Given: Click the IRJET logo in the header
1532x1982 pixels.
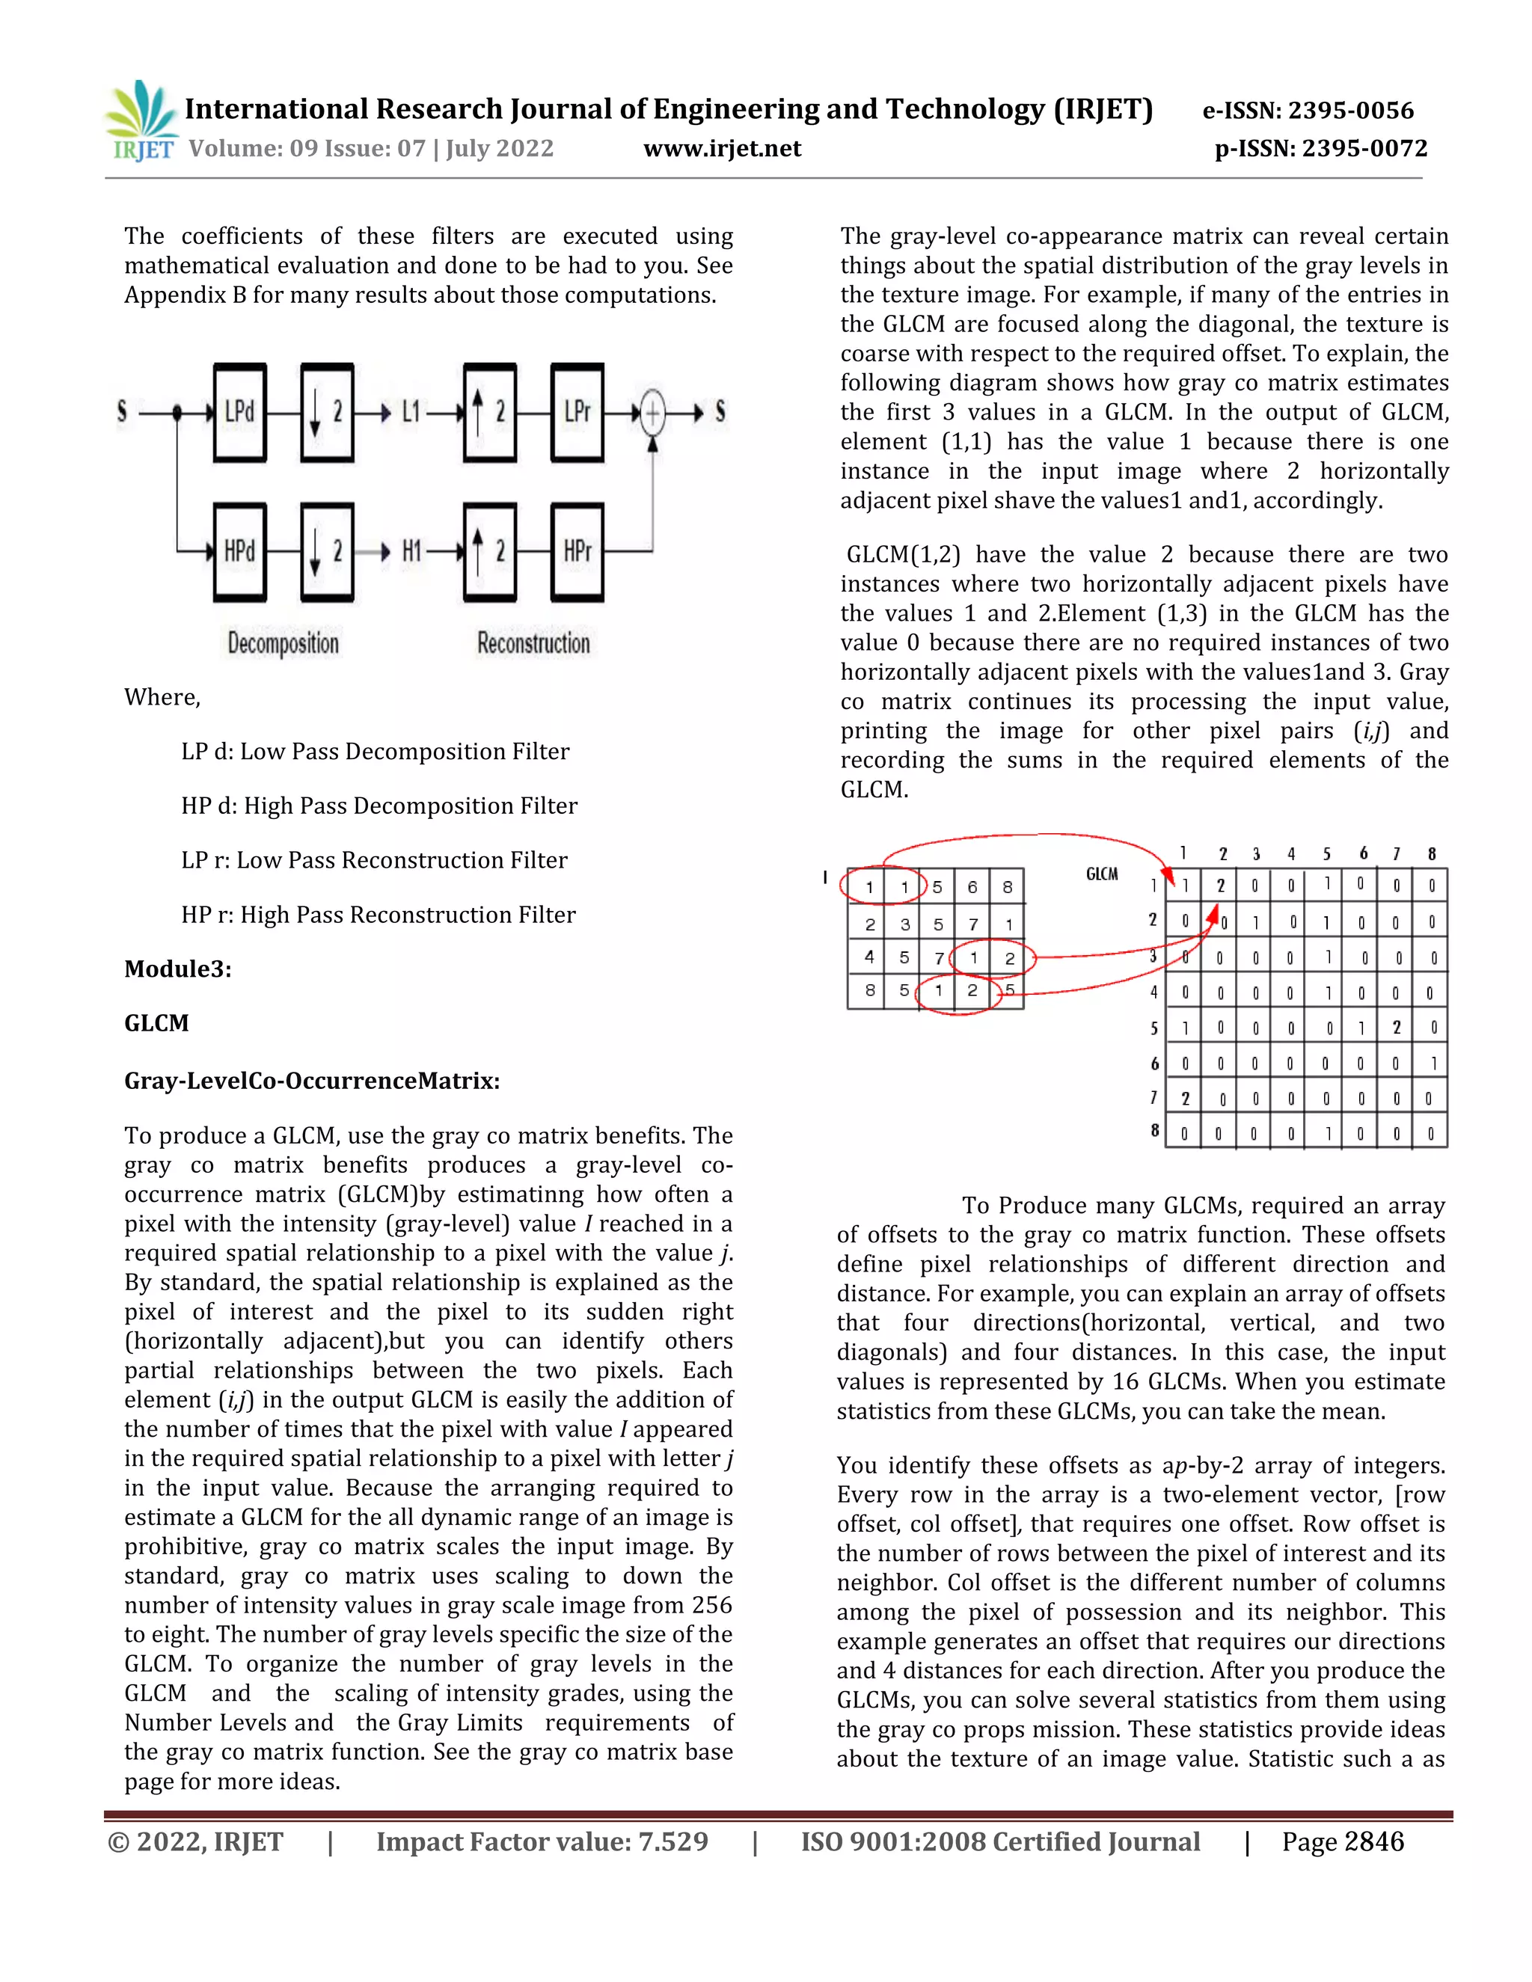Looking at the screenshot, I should pos(141,120).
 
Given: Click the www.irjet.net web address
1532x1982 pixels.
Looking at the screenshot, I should pos(722,149).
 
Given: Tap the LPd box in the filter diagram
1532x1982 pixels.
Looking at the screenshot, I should pos(239,413).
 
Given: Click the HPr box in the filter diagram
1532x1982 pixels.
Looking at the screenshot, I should pos(577,551).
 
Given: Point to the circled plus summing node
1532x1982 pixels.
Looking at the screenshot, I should pos(652,414).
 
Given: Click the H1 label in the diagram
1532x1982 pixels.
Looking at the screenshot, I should pos(411,551).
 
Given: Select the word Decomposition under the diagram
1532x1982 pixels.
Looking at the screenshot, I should pos(284,643).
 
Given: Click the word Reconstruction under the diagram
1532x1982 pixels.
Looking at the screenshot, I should pos(533,643).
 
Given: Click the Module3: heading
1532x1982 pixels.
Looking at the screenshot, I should pos(178,969).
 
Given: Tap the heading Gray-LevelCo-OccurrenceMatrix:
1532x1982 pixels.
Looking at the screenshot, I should pos(312,1081).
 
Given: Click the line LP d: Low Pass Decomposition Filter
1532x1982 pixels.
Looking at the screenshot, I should pos(375,752).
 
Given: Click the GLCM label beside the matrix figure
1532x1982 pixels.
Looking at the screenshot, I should pos(1102,874).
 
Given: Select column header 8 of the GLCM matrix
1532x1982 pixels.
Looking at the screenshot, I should pos(1431,854).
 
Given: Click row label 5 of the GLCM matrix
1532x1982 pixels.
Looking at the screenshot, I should pos(1153,1028).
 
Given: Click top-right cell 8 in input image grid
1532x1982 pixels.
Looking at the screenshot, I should pos(1008,886).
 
